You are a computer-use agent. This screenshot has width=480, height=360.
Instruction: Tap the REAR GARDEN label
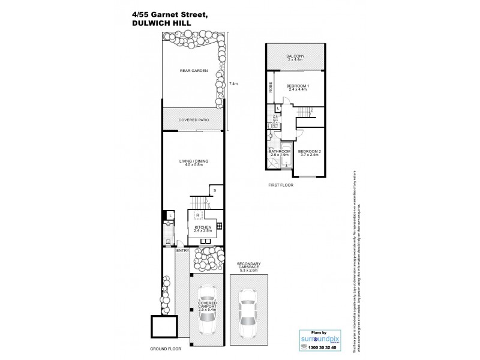193,71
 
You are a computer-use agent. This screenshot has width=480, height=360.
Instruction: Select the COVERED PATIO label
193,120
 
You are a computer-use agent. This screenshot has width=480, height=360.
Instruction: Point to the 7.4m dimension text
233,84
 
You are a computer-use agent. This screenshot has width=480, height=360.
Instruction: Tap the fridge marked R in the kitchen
197,214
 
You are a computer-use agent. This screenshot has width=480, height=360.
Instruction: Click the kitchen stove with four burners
220,226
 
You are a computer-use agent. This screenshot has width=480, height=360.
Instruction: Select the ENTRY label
181,251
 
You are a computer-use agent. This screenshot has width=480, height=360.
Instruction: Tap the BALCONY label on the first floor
295,57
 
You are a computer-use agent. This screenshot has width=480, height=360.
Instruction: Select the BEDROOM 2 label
310,153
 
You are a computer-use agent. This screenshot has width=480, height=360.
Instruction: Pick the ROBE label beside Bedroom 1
271,86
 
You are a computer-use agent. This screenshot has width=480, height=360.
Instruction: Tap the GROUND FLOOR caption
162,348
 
